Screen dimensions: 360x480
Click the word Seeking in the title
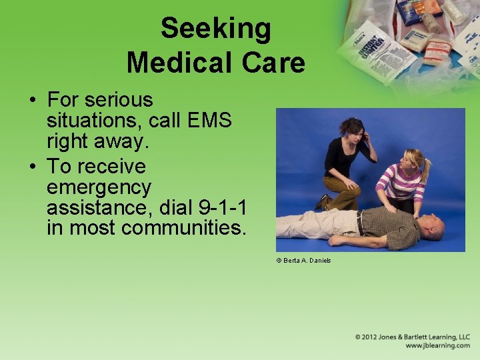[215, 29]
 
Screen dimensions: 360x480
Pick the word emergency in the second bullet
[99, 187]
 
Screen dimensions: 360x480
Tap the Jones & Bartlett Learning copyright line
[412, 337]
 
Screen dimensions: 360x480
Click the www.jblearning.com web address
[437, 346]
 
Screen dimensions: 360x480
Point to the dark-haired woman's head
[351, 128]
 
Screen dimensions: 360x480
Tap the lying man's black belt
[360, 223]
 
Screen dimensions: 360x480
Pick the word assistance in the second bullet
[99, 208]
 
